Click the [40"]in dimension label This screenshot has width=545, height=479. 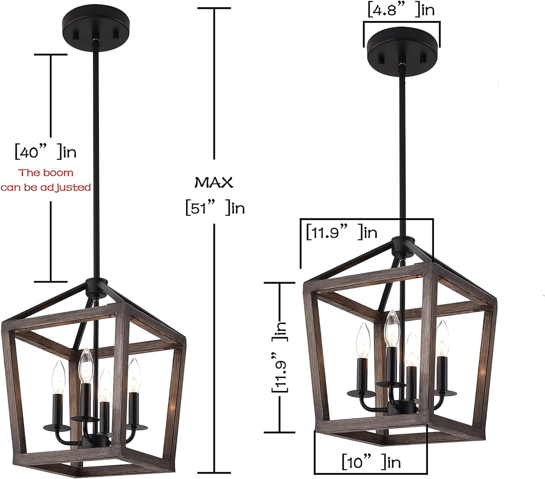coord(45,152)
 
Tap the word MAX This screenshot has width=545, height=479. coord(214,183)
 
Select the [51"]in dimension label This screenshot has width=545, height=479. coord(215,208)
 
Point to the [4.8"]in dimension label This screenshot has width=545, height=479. coord(401,10)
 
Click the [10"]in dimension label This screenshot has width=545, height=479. coord(371,462)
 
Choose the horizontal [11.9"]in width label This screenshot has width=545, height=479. coord(341,232)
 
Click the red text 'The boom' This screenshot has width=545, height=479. coord(46,173)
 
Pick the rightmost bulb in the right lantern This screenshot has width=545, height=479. coord(442,337)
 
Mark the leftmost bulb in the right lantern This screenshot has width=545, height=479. coord(363,339)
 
